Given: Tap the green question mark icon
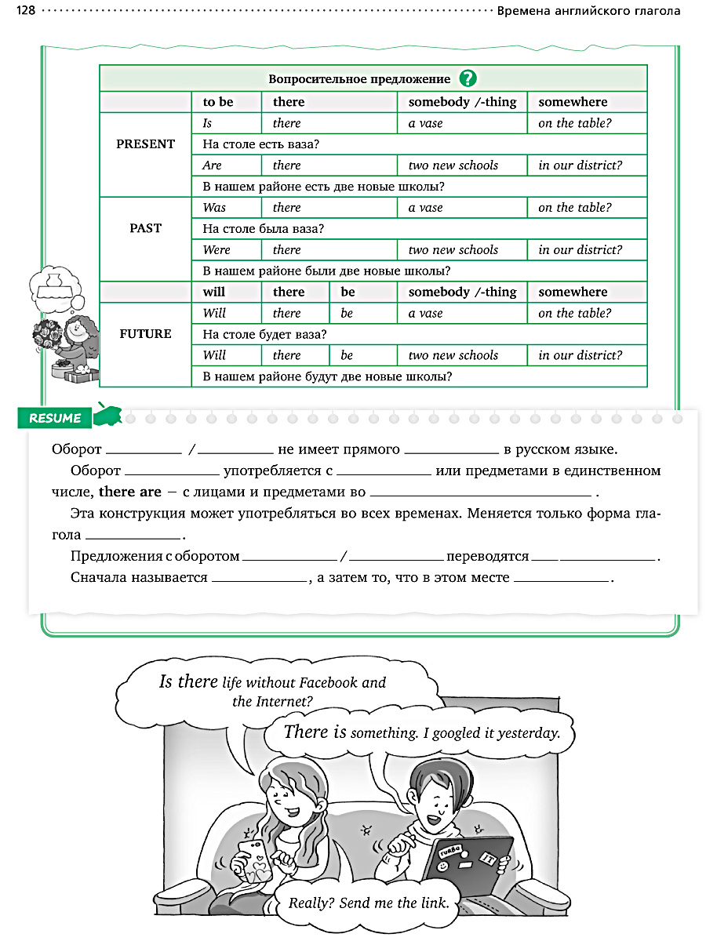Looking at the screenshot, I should click(x=468, y=78).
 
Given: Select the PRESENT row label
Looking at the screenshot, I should click(x=145, y=144).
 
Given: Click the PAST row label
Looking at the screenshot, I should click(x=145, y=228).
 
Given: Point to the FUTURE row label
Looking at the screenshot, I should click(x=145, y=334).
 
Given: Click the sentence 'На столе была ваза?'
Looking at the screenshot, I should click(x=264, y=229).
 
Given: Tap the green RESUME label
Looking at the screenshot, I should click(x=55, y=418).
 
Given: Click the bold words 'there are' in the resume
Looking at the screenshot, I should click(x=129, y=493).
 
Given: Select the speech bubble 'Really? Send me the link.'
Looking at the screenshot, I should click(x=369, y=903).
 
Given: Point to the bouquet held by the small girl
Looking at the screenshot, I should click(x=46, y=338).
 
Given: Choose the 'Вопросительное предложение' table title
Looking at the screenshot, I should click(x=359, y=79).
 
